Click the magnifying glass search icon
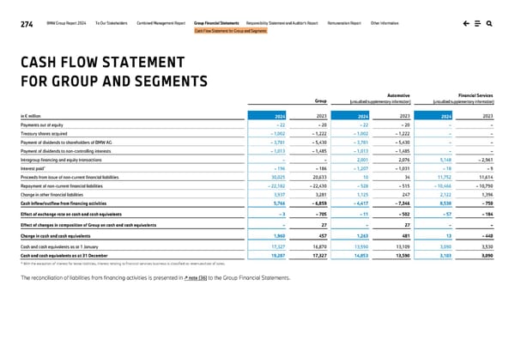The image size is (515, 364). (488, 23)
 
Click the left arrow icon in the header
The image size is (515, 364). (464, 23)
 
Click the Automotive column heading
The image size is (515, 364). (397, 95)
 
